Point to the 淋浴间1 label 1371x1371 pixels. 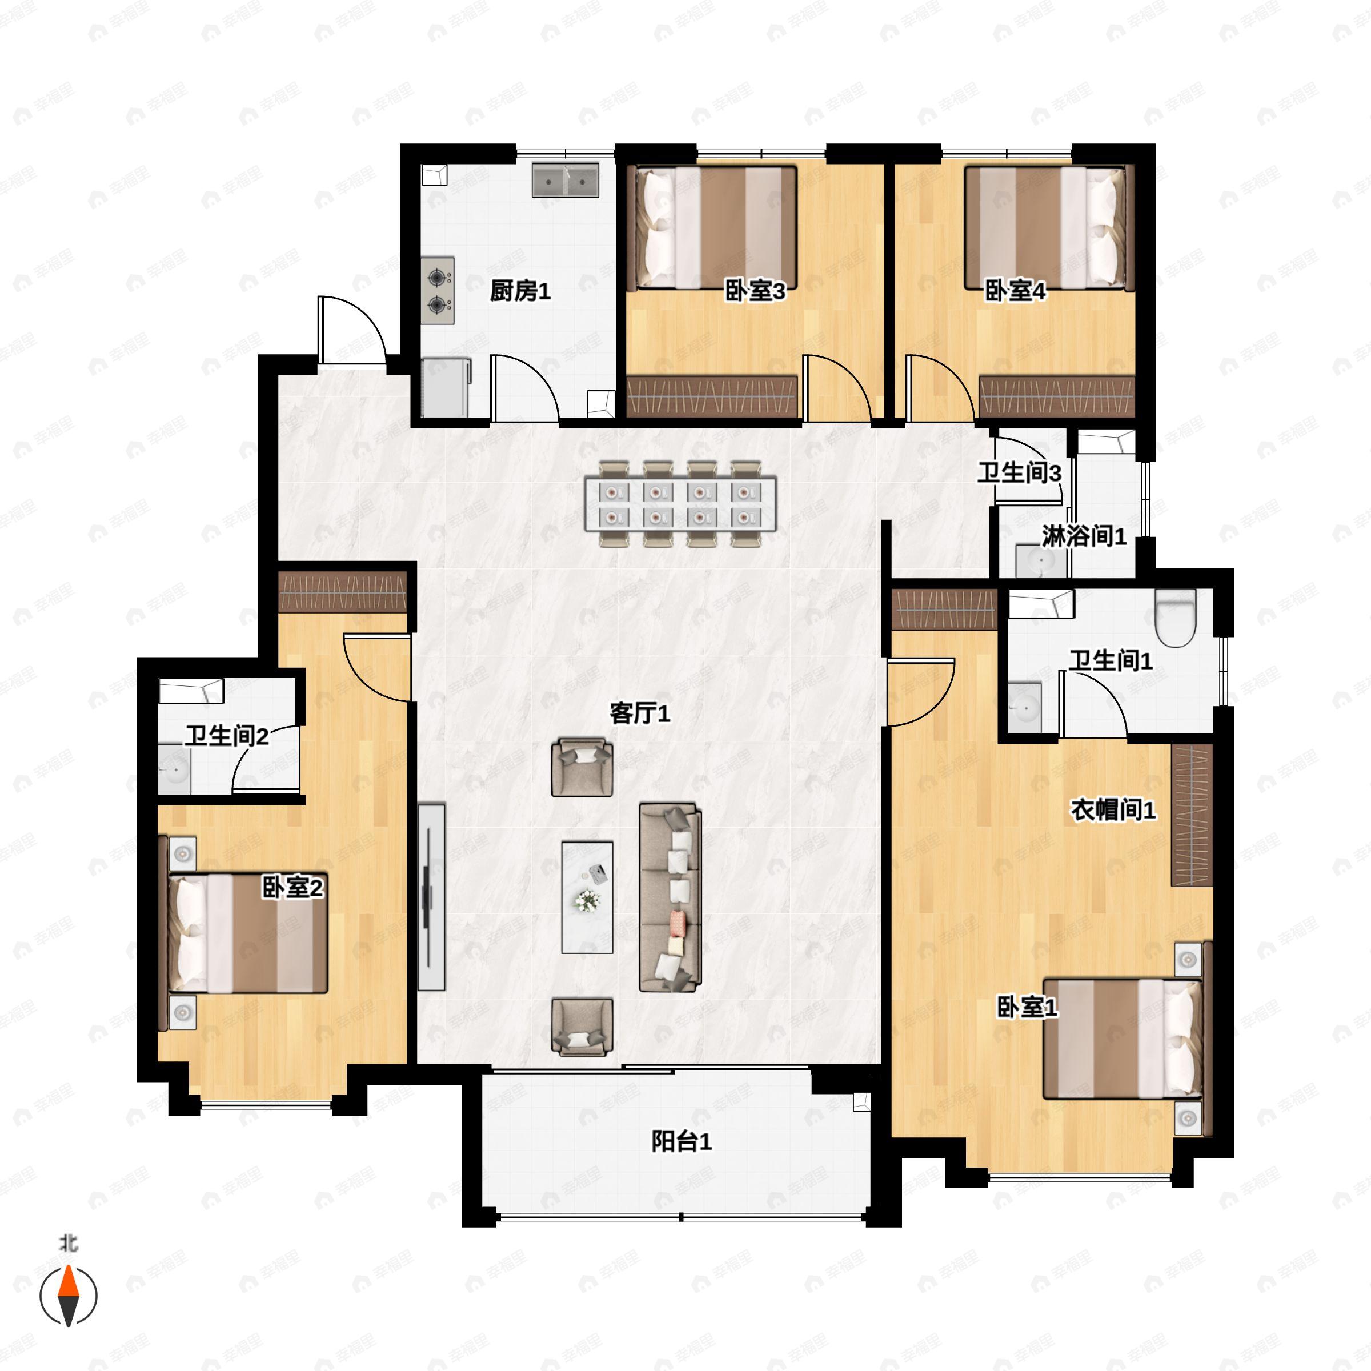coord(1084,536)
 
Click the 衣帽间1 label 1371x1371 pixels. coord(1113,809)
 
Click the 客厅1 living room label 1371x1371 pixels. coord(640,714)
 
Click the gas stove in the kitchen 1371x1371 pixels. coord(438,291)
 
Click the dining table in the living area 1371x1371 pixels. coord(680,504)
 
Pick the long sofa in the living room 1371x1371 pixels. coord(671,897)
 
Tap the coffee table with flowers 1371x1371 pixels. coord(587,897)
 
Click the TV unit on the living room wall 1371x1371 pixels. coord(431,897)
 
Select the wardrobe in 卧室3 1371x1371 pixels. coord(712,396)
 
